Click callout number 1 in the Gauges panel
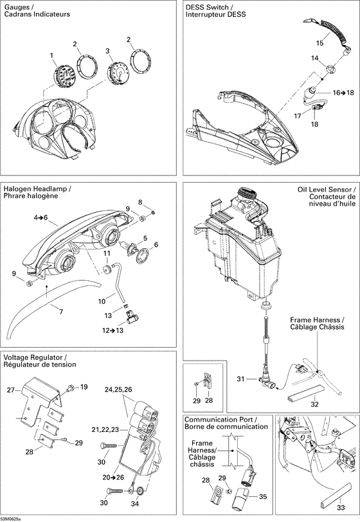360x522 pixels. (x=52, y=56)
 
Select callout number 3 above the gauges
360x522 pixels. (x=108, y=50)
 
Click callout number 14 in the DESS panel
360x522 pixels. (x=314, y=59)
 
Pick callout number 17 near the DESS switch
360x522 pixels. (x=298, y=116)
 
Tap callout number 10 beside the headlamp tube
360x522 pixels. (x=101, y=301)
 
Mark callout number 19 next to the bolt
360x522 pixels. (x=84, y=388)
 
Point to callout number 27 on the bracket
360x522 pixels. (x=10, y=390)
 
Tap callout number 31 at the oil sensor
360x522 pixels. (x=240, y=379)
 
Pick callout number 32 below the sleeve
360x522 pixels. (x=314, y=404)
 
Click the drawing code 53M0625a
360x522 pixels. (x=11, y=518)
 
